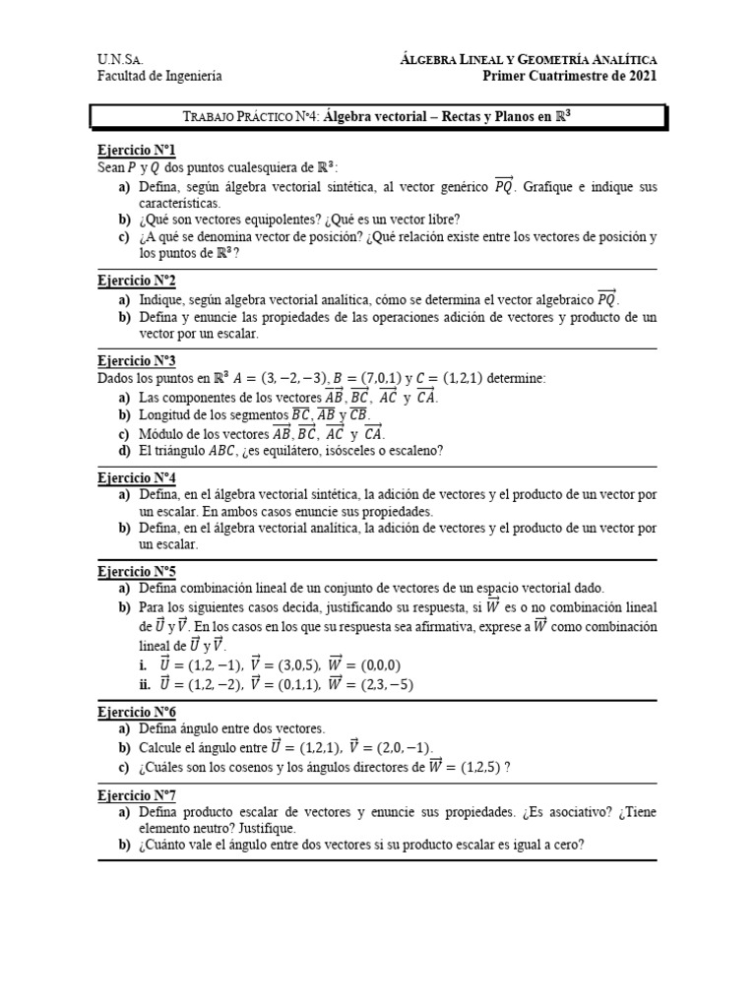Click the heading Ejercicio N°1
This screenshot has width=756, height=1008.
click(x=136, y=151)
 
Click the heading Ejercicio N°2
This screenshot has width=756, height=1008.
click(x=136, y=281)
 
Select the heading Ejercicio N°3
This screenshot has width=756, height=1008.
click(x=136, y=361)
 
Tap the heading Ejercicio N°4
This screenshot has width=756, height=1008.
click(x=136, y=477)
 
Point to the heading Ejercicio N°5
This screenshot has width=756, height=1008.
click(x=136, y=571)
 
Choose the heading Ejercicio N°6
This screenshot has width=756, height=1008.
click(x=136, y=712)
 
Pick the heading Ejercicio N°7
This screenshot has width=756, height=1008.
click(x=136, y=795)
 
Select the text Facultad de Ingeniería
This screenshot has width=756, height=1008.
click(x=159, y=76)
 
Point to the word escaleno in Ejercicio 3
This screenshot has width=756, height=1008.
click(x=413, y=451)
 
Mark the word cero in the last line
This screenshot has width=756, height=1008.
click(x=563, y=845)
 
